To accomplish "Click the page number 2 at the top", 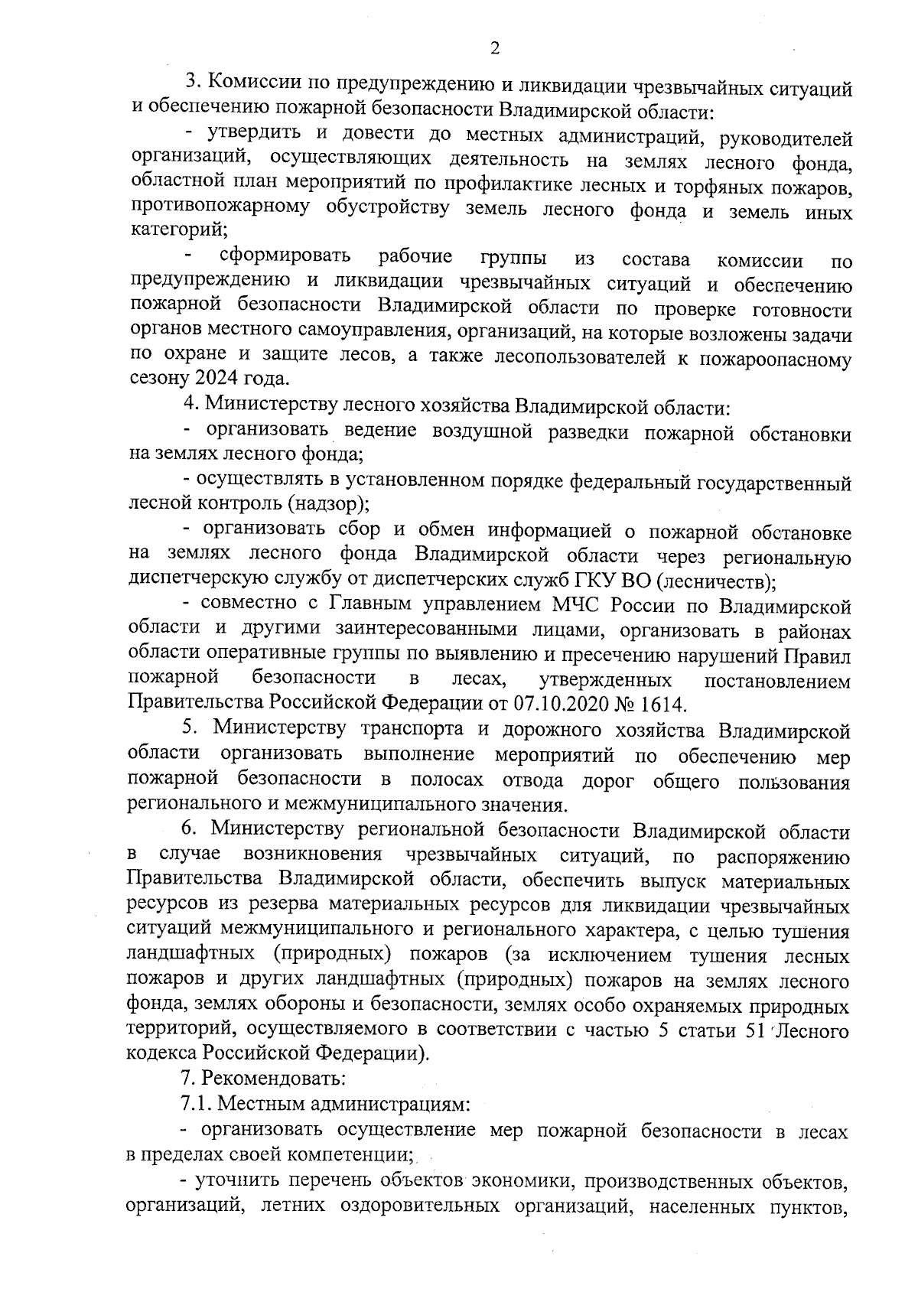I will point(494,49).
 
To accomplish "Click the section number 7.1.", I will point(197,1104).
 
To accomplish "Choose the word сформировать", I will point(285,256).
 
